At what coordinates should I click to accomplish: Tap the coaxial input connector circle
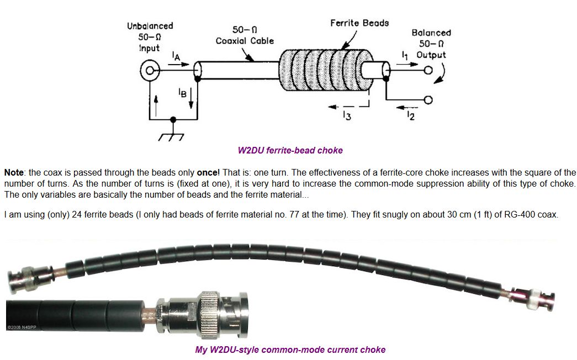pos(150,71)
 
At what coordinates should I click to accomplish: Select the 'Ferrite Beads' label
pos(359,23)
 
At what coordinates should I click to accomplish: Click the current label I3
pos(347,115)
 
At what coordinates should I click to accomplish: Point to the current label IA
pos(175,55)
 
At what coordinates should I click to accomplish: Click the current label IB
pos(182,93)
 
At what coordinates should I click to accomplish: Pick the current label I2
pos(410,115)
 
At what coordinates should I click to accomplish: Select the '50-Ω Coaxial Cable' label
pos(244,35)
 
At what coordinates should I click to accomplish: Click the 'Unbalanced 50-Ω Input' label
pos(150,36)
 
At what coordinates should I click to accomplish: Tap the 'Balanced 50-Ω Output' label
pos(431,44)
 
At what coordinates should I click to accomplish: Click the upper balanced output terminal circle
pos(427,71)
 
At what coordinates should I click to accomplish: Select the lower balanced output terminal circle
pos(427,100)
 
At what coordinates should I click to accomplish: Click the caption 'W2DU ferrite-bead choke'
pos(290,150)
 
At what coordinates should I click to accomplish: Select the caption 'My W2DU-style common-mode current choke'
pos(290,350)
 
